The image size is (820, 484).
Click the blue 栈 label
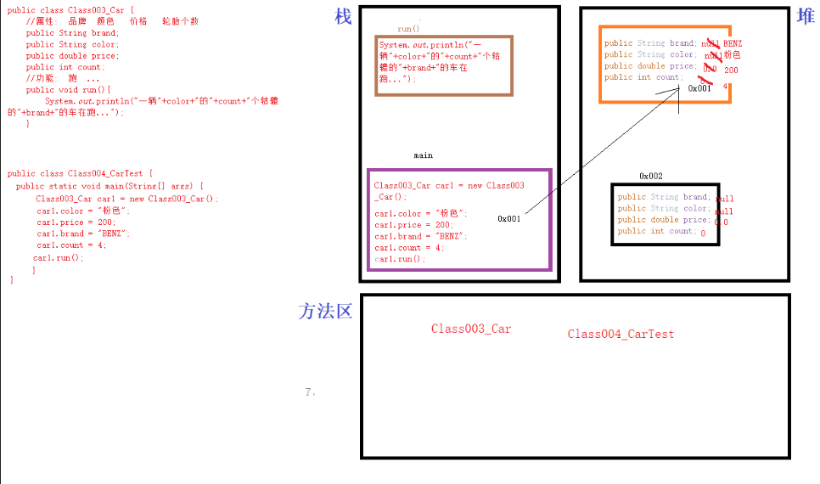point(343,17)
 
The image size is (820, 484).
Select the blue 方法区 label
point(325,312)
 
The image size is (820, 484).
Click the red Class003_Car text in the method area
point(471,329)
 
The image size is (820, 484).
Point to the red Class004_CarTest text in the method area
point(621,334)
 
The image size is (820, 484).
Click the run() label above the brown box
point(408,29)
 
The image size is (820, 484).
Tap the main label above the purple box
point(423,155)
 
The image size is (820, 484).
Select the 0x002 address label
point(651,176)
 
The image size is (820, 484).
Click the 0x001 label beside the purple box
point(509,218)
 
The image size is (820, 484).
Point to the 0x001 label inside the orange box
point(699,87)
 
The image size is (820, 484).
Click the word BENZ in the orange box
point(733,43)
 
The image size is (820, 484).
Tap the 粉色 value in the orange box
point(732,55)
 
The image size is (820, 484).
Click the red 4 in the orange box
point(725,86)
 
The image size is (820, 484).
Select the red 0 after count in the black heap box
point(703,232)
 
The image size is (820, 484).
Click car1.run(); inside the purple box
point(399,259)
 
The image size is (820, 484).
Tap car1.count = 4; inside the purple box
point(408,247)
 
